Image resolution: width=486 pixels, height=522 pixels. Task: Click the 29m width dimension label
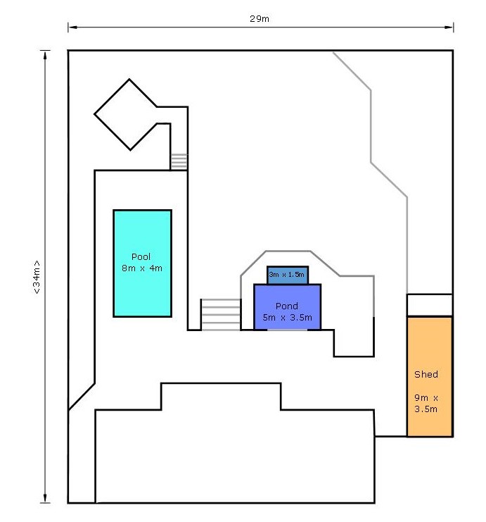[260, 18]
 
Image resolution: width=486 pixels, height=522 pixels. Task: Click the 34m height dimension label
[37, 277]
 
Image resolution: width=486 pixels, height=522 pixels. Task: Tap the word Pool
[141, 256]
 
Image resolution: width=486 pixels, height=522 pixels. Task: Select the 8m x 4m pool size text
[142, 268]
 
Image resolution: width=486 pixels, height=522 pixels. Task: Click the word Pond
[286, 306]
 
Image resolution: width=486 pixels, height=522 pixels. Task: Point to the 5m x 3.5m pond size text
[287, 317]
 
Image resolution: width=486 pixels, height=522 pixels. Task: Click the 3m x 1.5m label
[286, 274]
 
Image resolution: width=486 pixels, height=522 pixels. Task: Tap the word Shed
[426, 374]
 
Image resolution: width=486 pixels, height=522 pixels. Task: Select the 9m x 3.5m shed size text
[426, 403]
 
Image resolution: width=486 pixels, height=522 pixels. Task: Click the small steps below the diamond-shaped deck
[179, 162]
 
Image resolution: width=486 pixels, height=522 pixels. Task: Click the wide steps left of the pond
[221, 315]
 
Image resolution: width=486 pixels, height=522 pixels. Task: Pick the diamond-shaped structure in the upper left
[126, 115]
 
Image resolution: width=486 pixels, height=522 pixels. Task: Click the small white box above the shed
[430, 305]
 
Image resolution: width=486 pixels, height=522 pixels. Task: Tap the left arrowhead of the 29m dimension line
[72, 27]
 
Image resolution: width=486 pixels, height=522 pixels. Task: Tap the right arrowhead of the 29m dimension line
[449, 27]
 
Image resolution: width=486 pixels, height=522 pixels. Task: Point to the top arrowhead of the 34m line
[45, 55]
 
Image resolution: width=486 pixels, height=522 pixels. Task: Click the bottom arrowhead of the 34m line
[45, 498]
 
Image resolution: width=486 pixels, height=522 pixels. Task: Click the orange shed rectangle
[430, 376]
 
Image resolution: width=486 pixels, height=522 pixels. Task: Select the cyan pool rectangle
[142, 263]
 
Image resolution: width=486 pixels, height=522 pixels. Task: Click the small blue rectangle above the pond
[288, 275]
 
